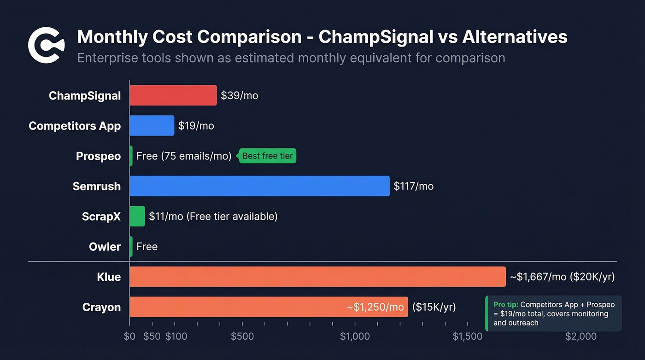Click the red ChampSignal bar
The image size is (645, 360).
(x=173, y=95)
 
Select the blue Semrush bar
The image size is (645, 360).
(x=259, y=186)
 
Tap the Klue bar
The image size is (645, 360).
(x=317, y=277)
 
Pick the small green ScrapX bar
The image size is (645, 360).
(x=137, y=216)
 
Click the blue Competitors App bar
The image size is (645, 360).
(x=152, y=125)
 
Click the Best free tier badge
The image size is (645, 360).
(x=267, y=156)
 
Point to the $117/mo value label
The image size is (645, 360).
(x=413, y=186)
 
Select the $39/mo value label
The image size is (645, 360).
(x=239, y=95)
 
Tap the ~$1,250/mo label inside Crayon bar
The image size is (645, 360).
(x=375, y=307)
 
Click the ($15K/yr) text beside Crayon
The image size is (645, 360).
(x=434, y=307)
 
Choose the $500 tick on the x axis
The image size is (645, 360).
(x=242, y=336)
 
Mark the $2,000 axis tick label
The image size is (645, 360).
(x=580, y=336)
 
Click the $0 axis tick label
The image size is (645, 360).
(x=129, y=336)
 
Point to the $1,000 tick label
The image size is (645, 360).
(x=355, y=336)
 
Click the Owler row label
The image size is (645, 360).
(x=105, y=247)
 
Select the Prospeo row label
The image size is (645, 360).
(x=98, y=156)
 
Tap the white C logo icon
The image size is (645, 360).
(x=43, y=45)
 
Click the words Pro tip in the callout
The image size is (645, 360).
(x=505, y=305)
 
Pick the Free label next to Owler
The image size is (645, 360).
(x=147, y=247)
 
